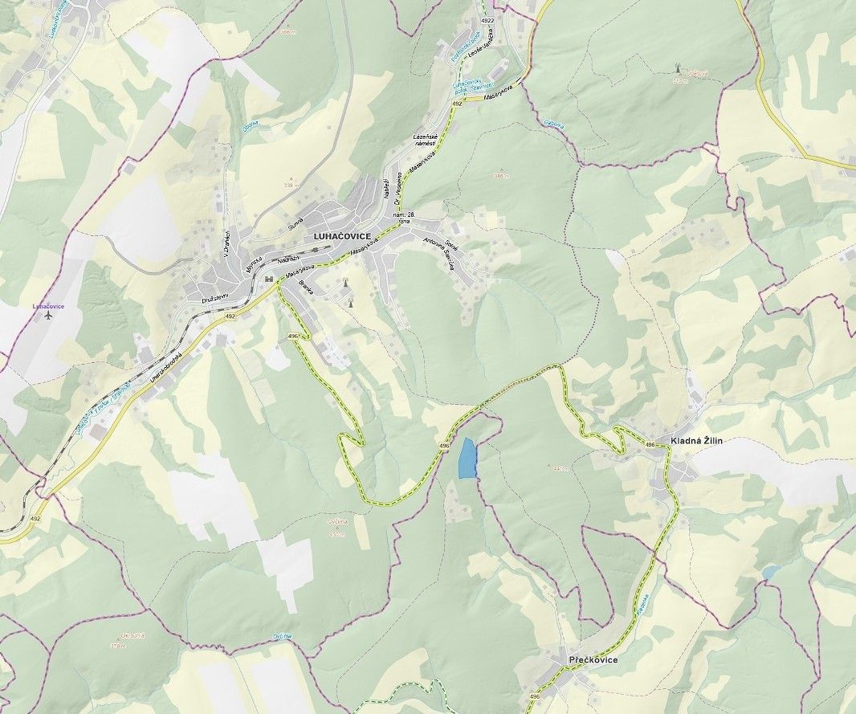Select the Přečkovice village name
coord(593,659)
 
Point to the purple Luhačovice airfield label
coord(48,306)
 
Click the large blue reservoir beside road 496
coord(467,459)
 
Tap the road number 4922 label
coord(487,19)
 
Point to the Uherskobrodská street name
coord(168,365)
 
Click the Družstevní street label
coord(216,297)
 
